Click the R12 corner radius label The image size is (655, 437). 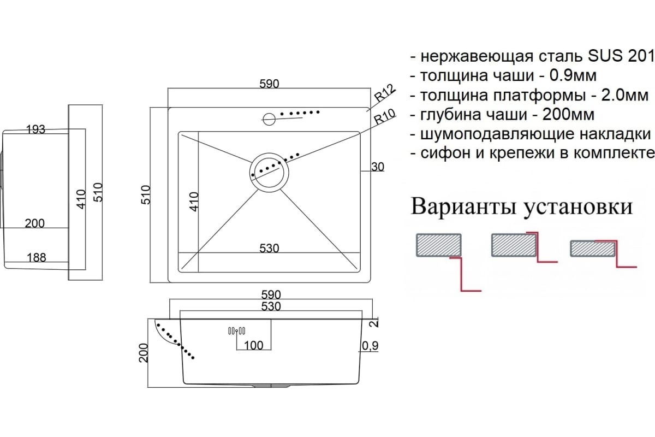pyautogui.click(x=385, y=93)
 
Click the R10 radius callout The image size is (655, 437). pyautogui.click(x=385, y=116)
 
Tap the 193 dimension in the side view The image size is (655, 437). pyautogui.click(x=35, y=129)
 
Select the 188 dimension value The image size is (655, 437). pyautogui.click(x=37, y=258)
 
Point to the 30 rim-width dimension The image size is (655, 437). pyautogui.click(x=378, y=167)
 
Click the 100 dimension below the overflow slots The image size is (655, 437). pyautogui.click(x=253, y=346)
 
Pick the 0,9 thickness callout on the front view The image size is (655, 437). pyautogui.click(x=370, y=346)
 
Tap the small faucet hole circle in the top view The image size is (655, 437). pyautogui.click(x=269, y=119)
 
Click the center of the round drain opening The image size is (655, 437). pyautogui.click(x=269, y=173)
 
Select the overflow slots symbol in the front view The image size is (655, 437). pyautogui.click(x=236, y=331)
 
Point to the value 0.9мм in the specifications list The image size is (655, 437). pyautogui.click(x=573, y=75)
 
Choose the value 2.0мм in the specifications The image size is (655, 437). pyautogui.click(x=624, y=95)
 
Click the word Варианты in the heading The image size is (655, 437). pyautogui.click(x=463, y=206)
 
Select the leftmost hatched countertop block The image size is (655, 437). pyautogui.click(x=439, y=245)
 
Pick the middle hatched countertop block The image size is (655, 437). pyautogui.click(x=514, y=245)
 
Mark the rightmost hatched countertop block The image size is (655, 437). pyautogui.click(x=593, y=249)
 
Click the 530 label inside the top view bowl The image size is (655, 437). pyautogui.click(x=269, y=249)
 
